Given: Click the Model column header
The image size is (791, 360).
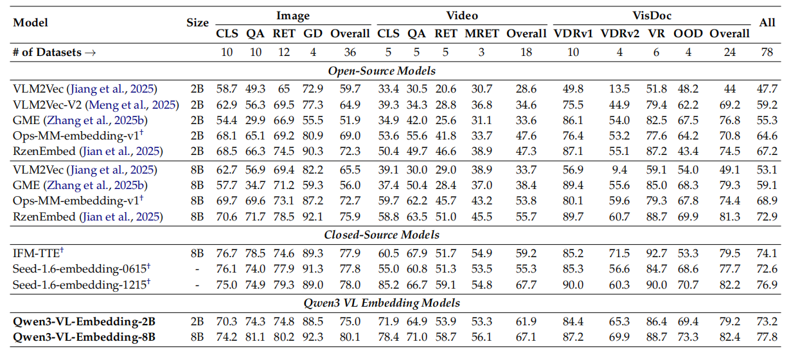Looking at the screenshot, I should pos(31,22).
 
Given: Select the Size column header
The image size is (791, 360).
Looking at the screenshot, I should pos(197,22).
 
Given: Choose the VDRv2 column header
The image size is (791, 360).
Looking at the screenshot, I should pos(619,34).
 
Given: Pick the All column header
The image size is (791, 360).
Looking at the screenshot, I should pos(767,22).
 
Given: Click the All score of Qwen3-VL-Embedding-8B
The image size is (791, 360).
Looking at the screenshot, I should pos(767,336).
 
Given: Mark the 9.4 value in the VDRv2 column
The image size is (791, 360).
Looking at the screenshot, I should pos(619,170).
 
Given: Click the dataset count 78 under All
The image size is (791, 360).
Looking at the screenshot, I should pos(767,53).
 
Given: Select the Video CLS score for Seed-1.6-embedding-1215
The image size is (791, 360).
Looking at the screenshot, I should pos(388,285).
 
